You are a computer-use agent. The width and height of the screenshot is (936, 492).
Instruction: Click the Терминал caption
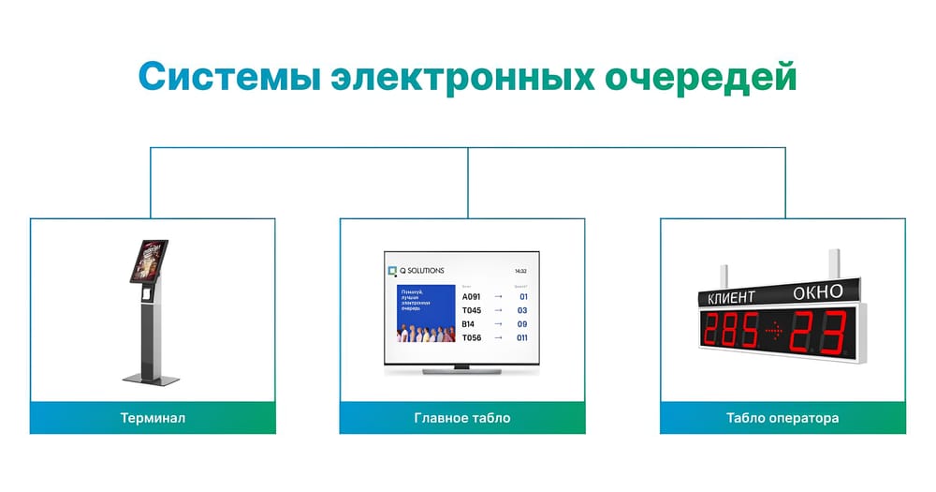pyautogui.click(x=153, y=418)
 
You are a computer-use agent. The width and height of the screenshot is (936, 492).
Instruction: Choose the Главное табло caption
pyautogui.click(x=462, y=418)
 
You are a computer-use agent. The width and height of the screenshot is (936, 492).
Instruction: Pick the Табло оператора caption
pyautogui.click(x=782, y=418)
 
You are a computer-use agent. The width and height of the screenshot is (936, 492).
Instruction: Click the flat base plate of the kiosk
pyautogui.click(x=150, y=378)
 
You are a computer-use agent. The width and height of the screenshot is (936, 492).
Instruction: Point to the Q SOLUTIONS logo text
pyautogui.click(x=422, y=270)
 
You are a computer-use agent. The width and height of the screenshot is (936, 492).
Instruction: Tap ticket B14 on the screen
pyautogui.click(x=468, y=324)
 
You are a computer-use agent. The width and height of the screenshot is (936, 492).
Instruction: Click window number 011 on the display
pyautogui.click(x=522, y=338)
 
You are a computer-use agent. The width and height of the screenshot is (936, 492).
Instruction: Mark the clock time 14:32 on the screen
pyautogui.click(x=520, y=271)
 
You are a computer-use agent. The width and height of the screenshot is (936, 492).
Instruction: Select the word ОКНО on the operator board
pyautogui.click(x=817, y=291)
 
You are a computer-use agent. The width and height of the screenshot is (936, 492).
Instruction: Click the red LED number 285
pyautogui.click(x=731, y=332)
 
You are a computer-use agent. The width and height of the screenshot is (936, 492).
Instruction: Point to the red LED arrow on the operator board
pyautogui.click(x=775, y=331)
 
